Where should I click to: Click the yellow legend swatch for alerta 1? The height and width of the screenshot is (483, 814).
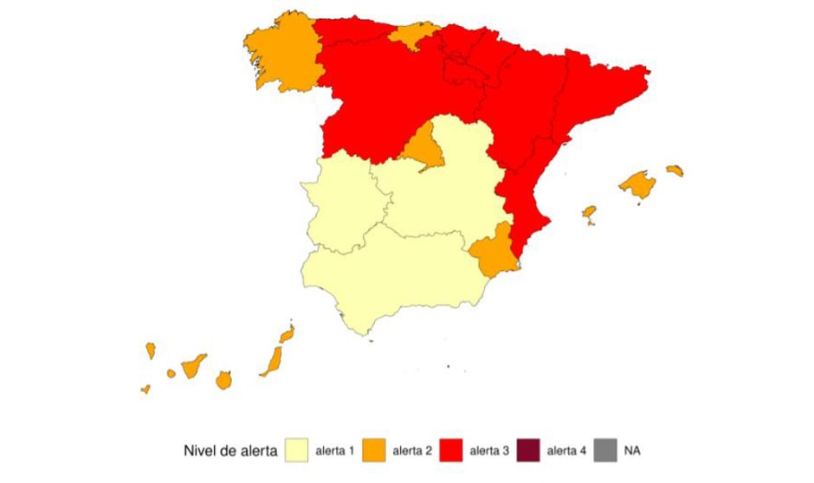pyautogui.click(x=296, y=451)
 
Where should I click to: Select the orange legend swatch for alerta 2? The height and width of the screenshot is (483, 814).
pyautogui.click(x=374, y=451)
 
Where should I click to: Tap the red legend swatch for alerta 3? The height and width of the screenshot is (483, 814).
pyautogui.click(x=451, y=451)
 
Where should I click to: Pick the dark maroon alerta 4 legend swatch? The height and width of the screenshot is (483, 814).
pyautogui.click(x=527, y=451)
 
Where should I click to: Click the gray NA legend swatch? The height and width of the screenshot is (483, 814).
pyautogui.click(x=605, y=451)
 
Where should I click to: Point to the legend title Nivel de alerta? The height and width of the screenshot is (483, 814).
pyautogui.click(x=230, y=451)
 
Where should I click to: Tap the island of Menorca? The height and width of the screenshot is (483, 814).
pyautogui.click(x=675, y=171)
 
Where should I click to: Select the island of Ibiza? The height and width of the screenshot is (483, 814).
pyautogui.click(x=589, y=212)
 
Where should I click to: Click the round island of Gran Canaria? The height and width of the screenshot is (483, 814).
pyautogui.click(x=223, y=380)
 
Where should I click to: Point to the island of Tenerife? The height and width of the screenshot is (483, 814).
pyautogui.click(x=192, y=366)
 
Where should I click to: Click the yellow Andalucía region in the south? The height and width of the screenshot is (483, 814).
pyautogui.click(x=390, y=277)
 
